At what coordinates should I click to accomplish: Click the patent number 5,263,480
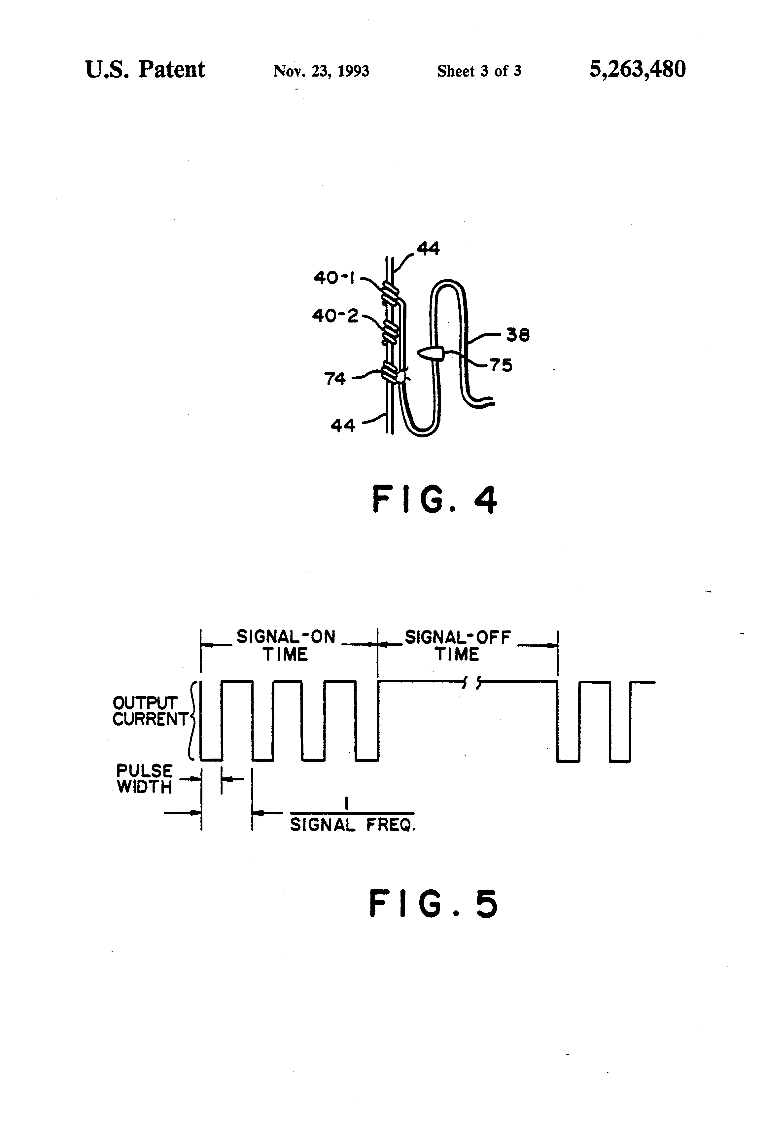[637, 69]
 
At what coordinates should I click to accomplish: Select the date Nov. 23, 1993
[321, 71]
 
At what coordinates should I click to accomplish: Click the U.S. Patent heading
[145, 69]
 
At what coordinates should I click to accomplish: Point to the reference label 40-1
[334, 278]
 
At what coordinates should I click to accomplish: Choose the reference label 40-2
[335, 316]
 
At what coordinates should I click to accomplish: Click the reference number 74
[335, 379]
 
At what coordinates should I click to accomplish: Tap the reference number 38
[518, 335]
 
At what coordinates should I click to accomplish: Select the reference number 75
[501, 365]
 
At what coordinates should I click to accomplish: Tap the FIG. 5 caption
[434, 904]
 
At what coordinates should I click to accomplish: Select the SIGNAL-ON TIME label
[286, 646]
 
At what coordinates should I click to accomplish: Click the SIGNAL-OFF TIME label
[458, 646]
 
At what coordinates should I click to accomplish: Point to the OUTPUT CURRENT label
[150, 711]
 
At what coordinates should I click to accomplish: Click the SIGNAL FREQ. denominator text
[353, 824]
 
